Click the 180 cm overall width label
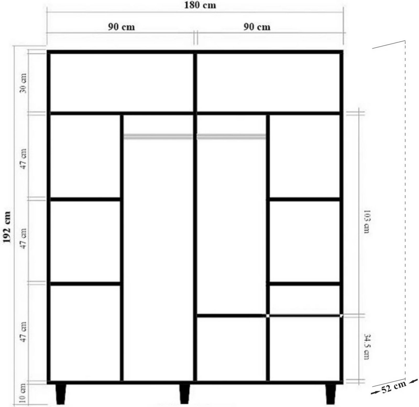[200, 5]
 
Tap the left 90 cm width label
[122, 27]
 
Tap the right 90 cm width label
[257, 27]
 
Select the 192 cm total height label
[7, 227]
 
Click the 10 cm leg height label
[23, 393]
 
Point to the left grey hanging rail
[158, 136]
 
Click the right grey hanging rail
[231, 136]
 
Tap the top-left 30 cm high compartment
[122, 82]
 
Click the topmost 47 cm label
[23, 159]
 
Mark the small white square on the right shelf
[268, 316]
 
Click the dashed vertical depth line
[405, 209]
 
